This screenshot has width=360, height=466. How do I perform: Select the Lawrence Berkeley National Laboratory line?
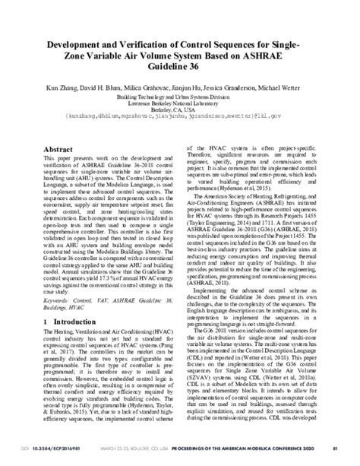point(180,108)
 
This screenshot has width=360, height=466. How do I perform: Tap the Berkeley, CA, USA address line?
point(180,114)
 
